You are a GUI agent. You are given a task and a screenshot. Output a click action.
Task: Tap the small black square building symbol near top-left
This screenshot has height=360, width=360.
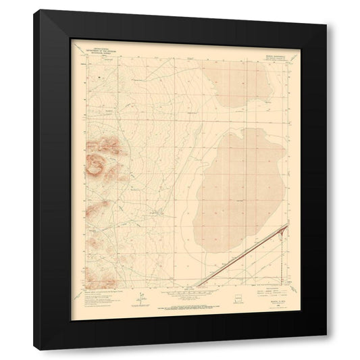[99, 79]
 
